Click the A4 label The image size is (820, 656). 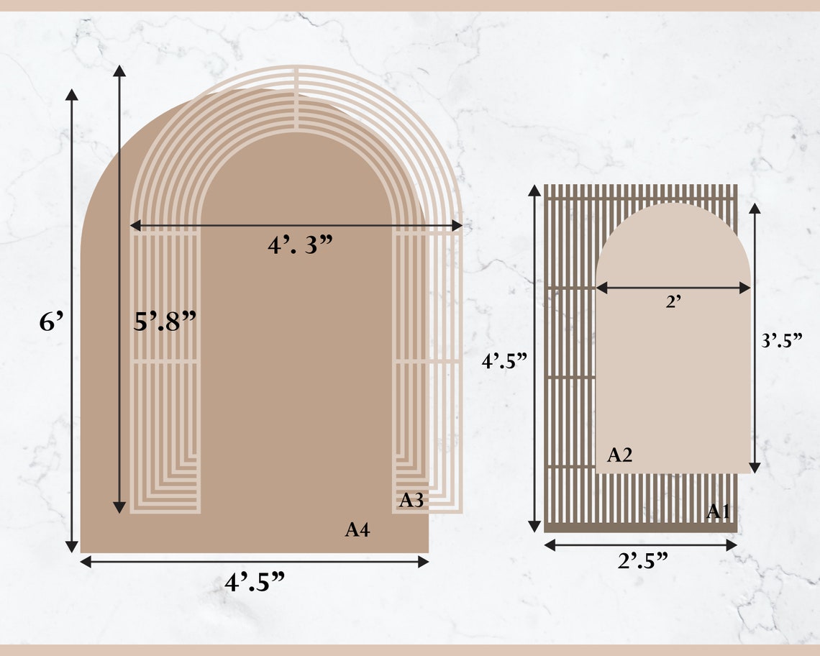pyautogui.click(x=357, y=530)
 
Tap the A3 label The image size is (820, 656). pyautogui.click(x=411, y=500)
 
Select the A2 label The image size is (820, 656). pyautogui.click(x=619, y=455)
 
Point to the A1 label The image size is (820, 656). pyautogui.click(x=719, y=511)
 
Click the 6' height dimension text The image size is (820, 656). pyautogui.click(x=52, y=322)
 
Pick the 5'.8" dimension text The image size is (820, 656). pyautogui.click(x=165, y=321)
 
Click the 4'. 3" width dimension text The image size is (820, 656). pyautogui.click(x=301, y=245)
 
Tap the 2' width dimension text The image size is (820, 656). pyautogui.click(x=673, y=303)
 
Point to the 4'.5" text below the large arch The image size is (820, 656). pyautogui.click(x=255, y=582)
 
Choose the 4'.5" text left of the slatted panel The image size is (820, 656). pyautogui.click(x=505, y=361)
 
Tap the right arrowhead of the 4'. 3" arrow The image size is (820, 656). pyautogui.click(x=457, y=226)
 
